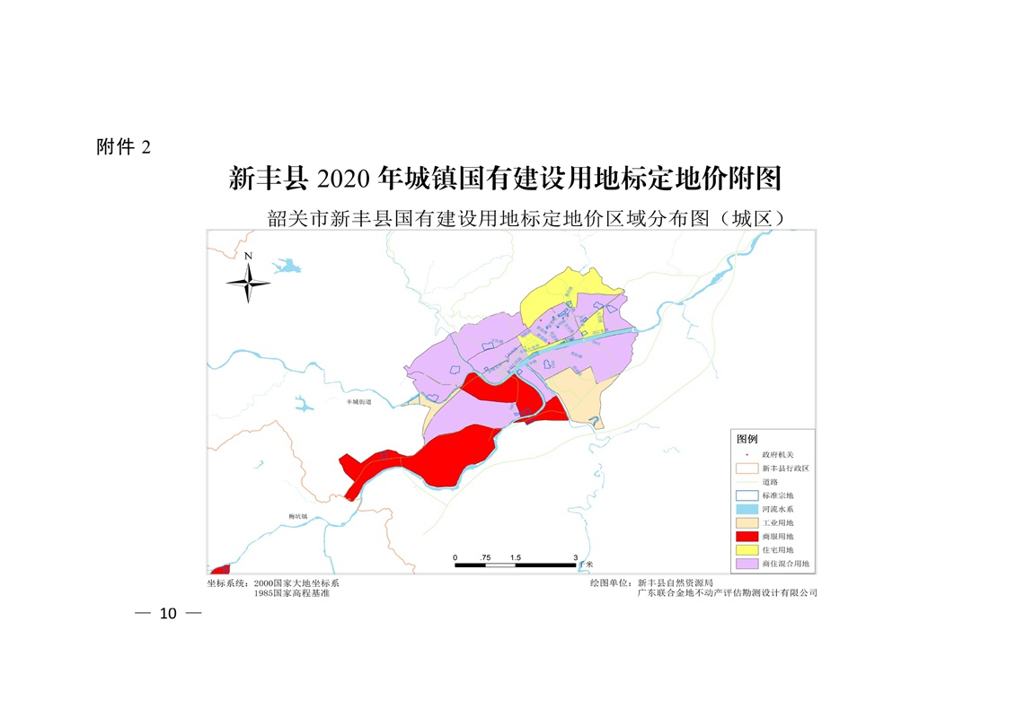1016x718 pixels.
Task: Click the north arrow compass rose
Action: (x=248, y=285)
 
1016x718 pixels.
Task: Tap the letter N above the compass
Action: (x=249, y=257)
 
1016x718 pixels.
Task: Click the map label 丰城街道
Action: (x=358, y=402)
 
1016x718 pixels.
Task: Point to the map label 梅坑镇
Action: (x=297, y=516)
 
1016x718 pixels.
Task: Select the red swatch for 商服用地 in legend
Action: (x=747, y=536)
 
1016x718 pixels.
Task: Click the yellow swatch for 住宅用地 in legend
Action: (x=747, y=549)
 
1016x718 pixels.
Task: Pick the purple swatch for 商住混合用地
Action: (x=747, y=564)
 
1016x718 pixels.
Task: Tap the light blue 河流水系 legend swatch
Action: (x=747, y=509)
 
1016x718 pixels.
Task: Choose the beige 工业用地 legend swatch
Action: (x=747, y=522)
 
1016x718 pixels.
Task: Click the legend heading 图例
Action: (x=747, y=439)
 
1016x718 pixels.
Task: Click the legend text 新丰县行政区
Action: (x=785, y=468)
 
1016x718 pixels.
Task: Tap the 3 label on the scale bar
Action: (x=575, y=557)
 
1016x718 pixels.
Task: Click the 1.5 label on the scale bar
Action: (x=515, y=557)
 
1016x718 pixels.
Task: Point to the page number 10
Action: (x=167, y=614)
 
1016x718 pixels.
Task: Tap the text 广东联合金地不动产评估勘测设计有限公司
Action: (x=727, y=593)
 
